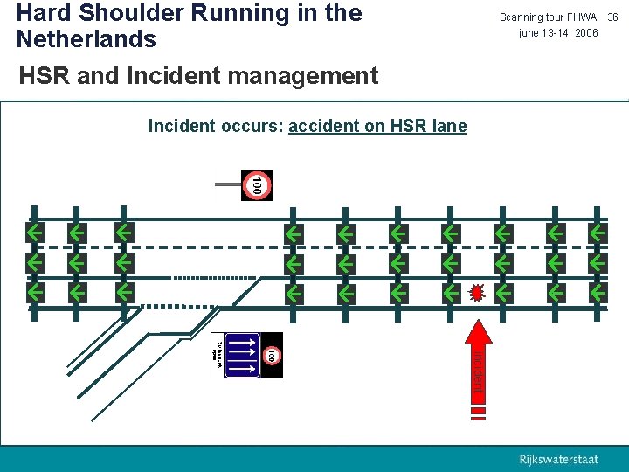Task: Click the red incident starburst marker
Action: pyautogui.click(x=477, y=292)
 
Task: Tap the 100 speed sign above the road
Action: pyautogui.click(x=257, y=185)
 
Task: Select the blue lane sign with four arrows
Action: pyautogui.click(x=243, y=356)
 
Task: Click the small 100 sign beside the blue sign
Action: pyautogui.click(x=272, y=356)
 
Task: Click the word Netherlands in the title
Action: pyautogui.click(x=86, y=39)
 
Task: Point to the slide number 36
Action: pyautogui.click(x=612, y=17)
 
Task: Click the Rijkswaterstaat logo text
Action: pyautogui.click(x=559, y=460)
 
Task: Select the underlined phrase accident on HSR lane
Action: pyautogui.click(x=377, y=126)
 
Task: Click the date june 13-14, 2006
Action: pyautogui.click(x=558, y=33)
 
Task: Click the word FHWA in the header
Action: pyautogui.click(x=582, y=17)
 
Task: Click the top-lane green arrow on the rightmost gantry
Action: pyautogui.click(x=598, y=233)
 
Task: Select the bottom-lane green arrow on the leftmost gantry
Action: pyautogui.click(x=35, y=292)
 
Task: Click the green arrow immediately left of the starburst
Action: pyautogui.click(x=451, y=292)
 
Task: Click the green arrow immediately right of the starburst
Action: pyautogui.click(x=503, y=292)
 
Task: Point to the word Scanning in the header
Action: pyautogui.click(x=522, y=17)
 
